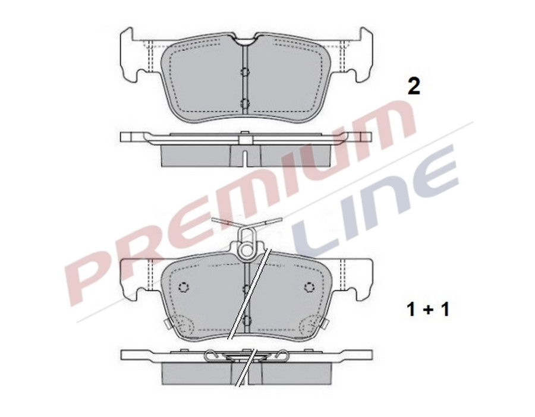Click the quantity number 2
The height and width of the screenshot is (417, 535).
click(413, 87)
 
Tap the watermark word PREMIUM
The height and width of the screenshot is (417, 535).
click(238, 196)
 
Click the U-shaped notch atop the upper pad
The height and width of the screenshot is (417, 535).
click(245, 40)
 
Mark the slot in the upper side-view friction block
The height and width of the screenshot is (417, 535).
click(245, 156)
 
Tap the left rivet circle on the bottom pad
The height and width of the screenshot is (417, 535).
click(183, 288)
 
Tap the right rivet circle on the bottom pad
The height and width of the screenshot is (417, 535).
click(309, 288)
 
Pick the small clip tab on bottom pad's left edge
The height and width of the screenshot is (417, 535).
click(167, 324)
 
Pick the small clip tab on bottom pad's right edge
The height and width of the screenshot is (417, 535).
click(325, 324)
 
